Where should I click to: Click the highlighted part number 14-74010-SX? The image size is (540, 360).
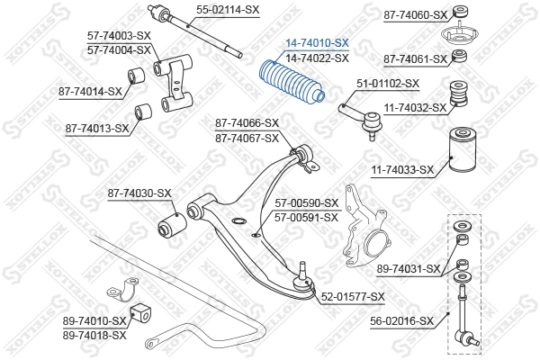coord(317,42)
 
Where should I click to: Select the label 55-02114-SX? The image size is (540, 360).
coord(228,10)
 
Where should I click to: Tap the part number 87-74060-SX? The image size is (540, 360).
coord(415,14)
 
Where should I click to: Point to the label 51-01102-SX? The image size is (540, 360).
coord(388,84)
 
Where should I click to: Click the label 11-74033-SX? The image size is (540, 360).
coord(401,168)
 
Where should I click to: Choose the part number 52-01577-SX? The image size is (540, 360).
coord(353,296)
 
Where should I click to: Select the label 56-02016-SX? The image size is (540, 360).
coord(402,319)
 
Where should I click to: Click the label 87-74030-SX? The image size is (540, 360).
coord(139,193)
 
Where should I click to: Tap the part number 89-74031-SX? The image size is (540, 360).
coord(408,268)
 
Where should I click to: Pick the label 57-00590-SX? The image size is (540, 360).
coord(307,203)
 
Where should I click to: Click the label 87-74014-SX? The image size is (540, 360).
coord(89,91)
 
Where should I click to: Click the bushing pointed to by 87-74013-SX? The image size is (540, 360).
coord(140,112)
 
